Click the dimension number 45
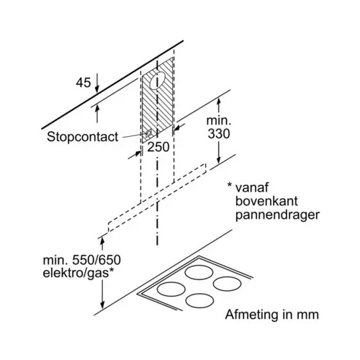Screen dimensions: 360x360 coord(84,83)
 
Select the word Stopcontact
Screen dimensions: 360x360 coord(83,137)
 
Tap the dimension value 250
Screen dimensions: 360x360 coord(158,147)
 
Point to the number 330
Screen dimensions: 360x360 coord(219,134)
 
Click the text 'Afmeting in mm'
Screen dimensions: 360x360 coord(272,315)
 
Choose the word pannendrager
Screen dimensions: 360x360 coord(277,215)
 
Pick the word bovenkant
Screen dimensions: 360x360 coord(266,201)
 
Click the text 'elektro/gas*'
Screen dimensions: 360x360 coord(78,274)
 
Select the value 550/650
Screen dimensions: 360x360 coord(96,260)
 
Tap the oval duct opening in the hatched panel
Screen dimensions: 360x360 coord(158,81)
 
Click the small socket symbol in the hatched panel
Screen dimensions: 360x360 coord(148,132)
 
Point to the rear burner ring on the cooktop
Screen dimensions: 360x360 coord(199,273)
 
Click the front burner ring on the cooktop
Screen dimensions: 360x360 coord(199,301)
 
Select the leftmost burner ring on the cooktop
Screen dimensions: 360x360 coord(171,289)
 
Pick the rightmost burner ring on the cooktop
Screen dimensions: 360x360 coord(227,284)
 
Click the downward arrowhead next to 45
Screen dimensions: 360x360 coord(97,89)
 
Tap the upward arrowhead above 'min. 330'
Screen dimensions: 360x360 coord(218,102)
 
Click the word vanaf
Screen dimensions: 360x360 coord(252,187)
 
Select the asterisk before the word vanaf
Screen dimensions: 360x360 coord(230,185)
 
